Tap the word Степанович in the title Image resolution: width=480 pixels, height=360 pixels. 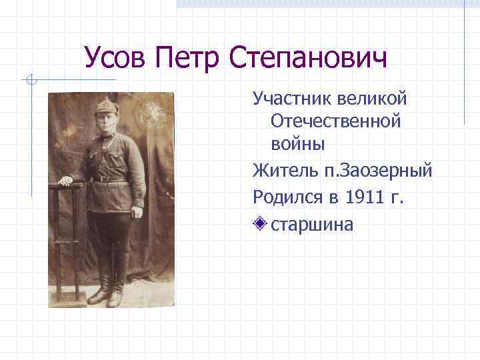pyautogui.click(x=308, y=59)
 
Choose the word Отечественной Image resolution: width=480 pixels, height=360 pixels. pyautogui.click(x=335, y=121)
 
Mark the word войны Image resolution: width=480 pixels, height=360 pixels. pyautogui.click(x=298, y=143)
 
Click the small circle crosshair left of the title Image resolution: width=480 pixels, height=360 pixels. pyautogui.click(x=30, y=81)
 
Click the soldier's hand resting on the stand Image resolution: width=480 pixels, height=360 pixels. pyautogui.click(x=65, y=180)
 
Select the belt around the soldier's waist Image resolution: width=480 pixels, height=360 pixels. pyautogui.click(x=107, y=179)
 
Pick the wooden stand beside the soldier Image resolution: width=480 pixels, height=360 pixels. pyautogui.click(x=67, y=240)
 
